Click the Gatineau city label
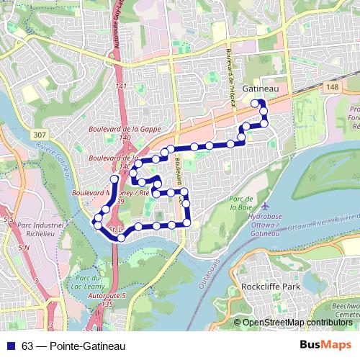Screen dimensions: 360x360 point(261,88)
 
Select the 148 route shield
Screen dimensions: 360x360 point(332,87)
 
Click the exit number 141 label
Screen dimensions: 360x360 point(120,86)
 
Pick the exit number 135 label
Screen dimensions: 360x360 point(107,305)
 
